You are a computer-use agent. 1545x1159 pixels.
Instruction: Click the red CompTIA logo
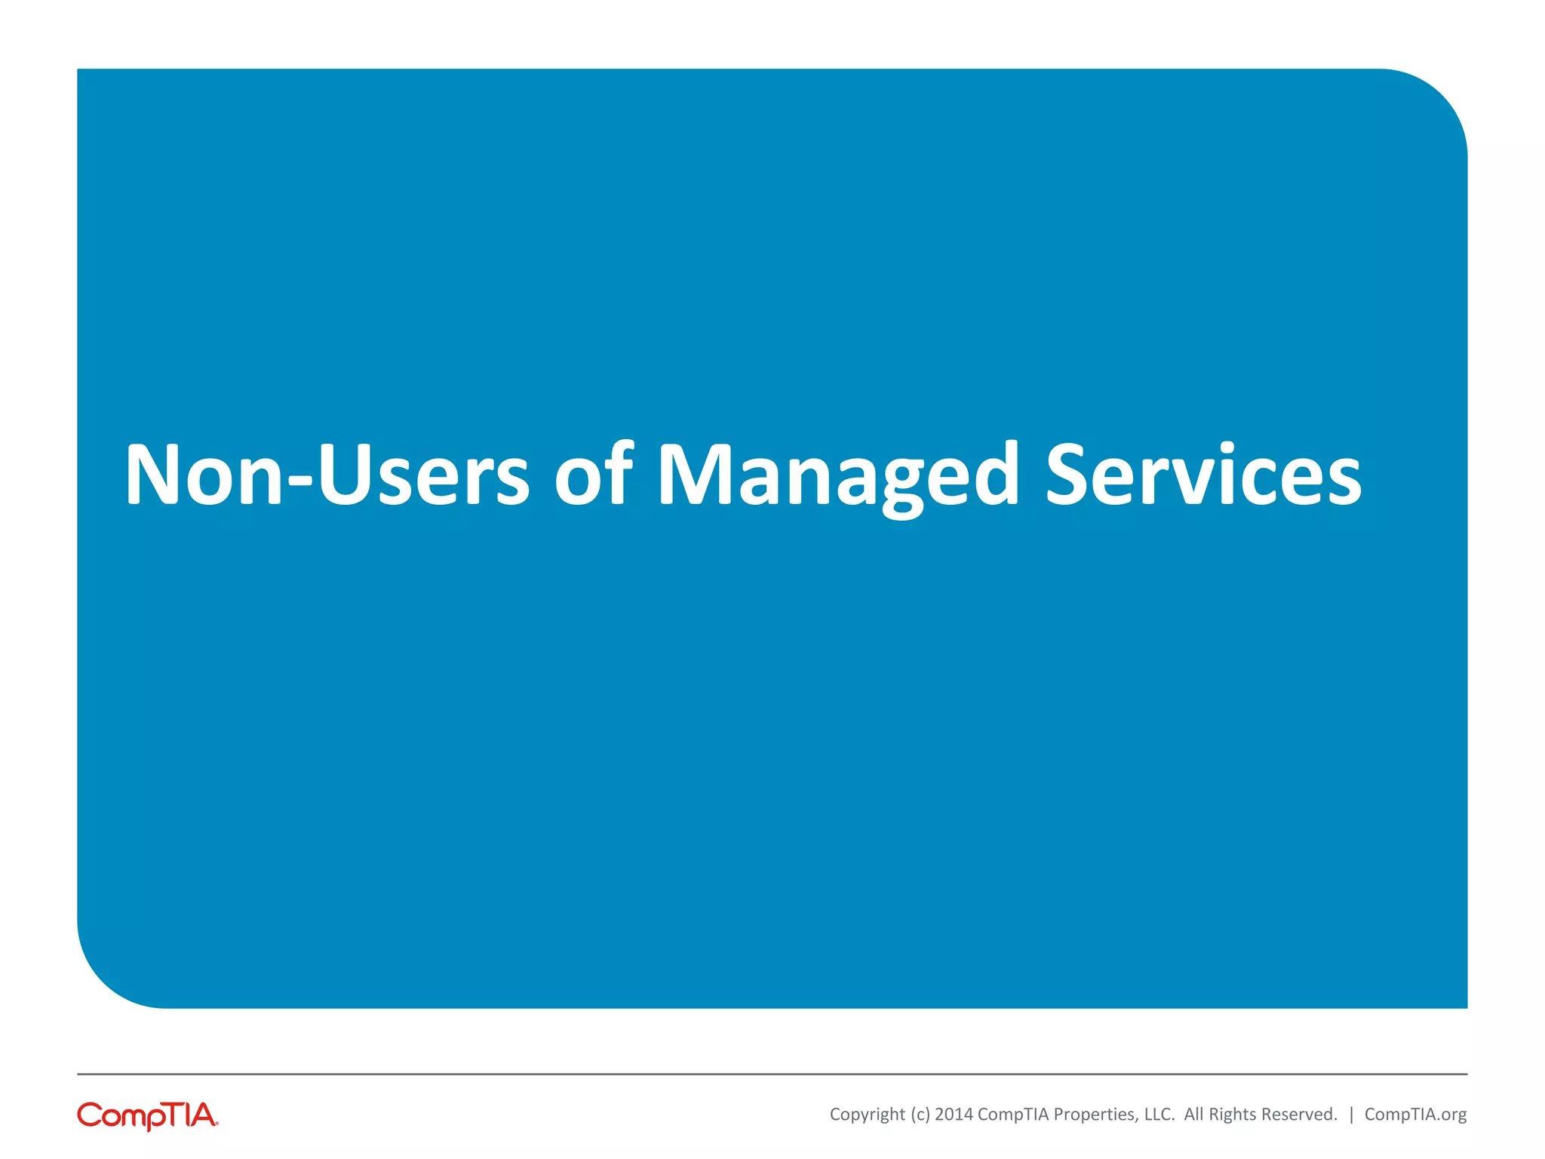148,1115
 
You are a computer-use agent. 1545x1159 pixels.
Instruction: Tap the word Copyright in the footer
867,1114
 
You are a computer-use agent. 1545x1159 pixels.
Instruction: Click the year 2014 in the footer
954,1114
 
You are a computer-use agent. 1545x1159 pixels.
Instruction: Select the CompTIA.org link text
1415,1114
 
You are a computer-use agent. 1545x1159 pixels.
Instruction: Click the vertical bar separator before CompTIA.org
1351,1114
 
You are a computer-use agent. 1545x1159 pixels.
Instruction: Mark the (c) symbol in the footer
920,1114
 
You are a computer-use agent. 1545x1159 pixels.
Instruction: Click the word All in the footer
1194,1114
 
